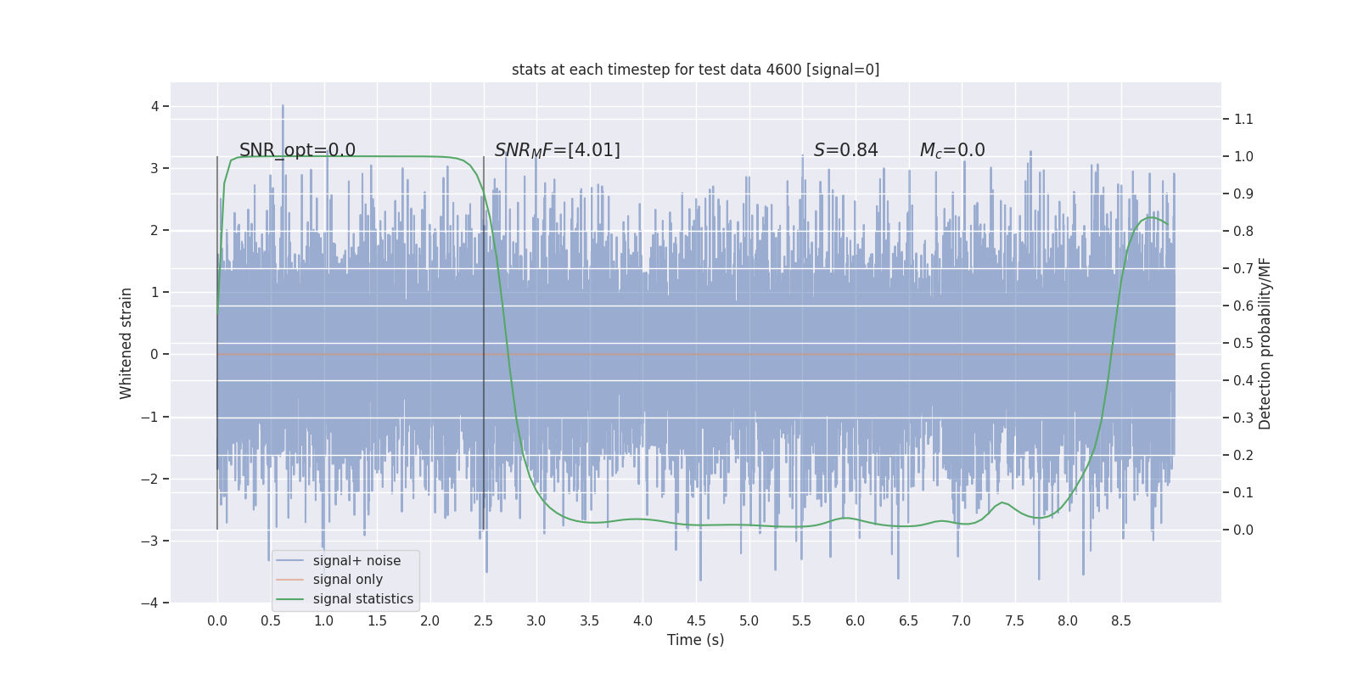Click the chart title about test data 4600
point(695,70)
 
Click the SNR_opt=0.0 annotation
point(297,150)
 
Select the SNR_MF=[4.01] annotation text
point(557,150)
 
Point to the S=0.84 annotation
point(845,150)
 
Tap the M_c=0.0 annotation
point(952,150)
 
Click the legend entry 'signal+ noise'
point(356,561)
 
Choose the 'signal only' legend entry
point(347,580)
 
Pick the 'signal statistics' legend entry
point(362,599)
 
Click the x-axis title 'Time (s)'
point(695,640)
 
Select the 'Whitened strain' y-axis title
point(126,343)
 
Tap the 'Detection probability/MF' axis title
point(1265,343)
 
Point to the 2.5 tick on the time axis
point(483,620)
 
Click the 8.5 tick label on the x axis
point(1120,620)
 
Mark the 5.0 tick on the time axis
point(749,620)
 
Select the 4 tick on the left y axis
point(154,106)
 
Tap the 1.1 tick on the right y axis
point(1243,119)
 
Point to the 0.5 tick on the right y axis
point(1243,343)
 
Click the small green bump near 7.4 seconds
point(1002,503)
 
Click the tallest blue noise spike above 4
point(283,107)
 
